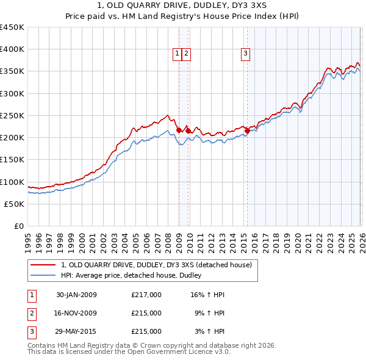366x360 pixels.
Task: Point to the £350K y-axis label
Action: [12, 71]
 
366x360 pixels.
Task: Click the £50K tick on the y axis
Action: [14, 204]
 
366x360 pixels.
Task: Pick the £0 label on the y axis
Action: [19, 226]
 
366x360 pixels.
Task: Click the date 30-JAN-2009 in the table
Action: [76, 295]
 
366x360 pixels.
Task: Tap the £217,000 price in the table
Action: [146, 295]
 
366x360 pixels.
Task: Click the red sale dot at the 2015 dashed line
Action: [247, 130]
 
